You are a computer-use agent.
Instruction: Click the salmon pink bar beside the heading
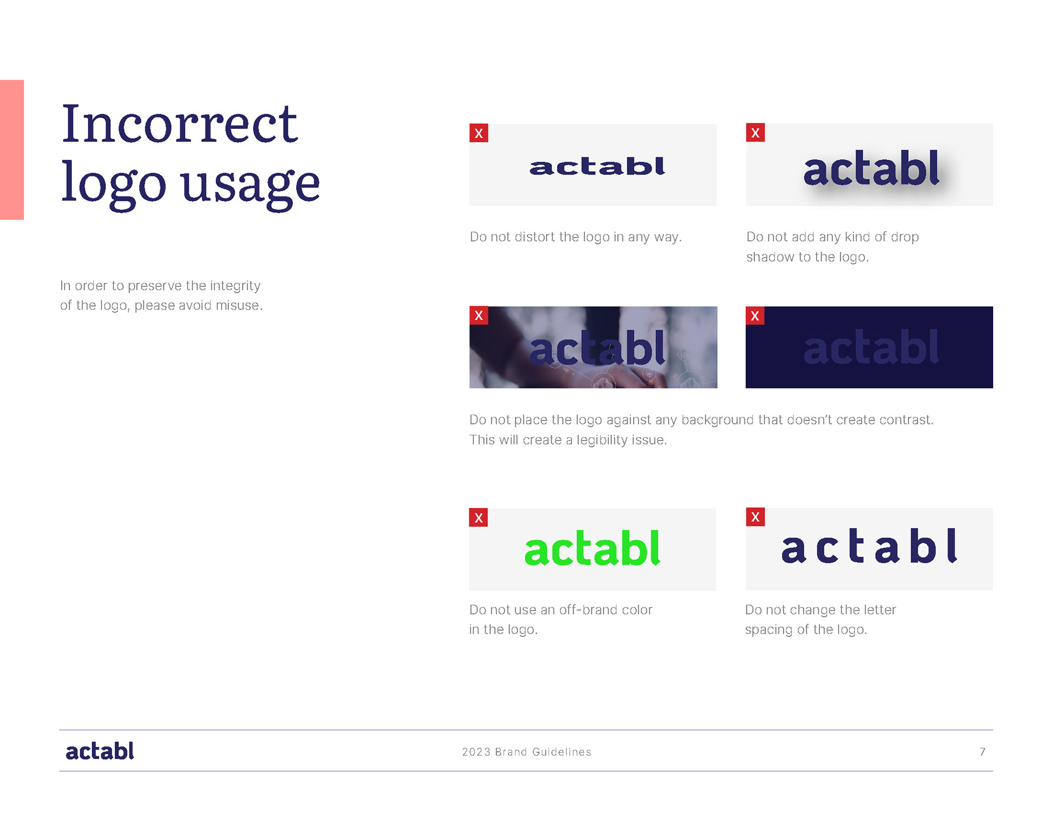click(12, 150)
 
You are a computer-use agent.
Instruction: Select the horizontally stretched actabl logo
click(597, 166)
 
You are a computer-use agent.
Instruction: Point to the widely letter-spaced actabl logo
click(869, 546)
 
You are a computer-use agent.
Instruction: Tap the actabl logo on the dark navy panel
click(871, 347)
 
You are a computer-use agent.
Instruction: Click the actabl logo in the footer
click(100, 751)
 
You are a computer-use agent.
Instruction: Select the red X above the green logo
click(479, 517)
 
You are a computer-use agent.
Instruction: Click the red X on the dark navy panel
click(755, 315)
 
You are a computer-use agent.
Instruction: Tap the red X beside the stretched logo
click(479, 133)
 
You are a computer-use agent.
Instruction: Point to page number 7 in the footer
click(983, 751)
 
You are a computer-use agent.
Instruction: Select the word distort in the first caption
click(535, 236)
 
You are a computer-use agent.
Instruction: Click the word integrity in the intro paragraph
click(235, 286)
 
